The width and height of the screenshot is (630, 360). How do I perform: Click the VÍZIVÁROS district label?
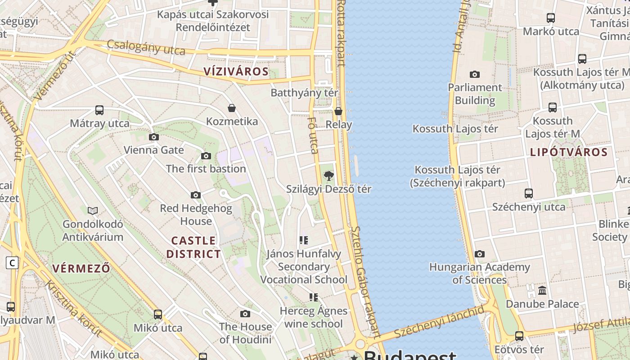point(236,71)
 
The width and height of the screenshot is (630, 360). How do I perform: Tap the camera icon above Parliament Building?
point(474,74)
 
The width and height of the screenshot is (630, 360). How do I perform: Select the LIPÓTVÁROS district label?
point(569,152)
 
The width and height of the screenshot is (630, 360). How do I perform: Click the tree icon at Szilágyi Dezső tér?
point(329,176)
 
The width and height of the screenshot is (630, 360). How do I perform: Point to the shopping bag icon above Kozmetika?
point(232,108)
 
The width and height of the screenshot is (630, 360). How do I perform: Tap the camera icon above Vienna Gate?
point(154,137)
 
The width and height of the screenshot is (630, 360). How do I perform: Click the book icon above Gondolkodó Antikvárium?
point(93,211)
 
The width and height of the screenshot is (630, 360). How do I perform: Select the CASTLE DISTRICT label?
point(193,247)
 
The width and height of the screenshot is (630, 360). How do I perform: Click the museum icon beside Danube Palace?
point(542,291)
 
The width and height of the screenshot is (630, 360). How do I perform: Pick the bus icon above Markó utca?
point(551,18)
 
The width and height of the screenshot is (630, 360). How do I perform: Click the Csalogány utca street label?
point(146,47)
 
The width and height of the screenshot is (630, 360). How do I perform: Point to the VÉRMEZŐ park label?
point(81,269)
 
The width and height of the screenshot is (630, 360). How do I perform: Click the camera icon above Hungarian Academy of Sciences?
point(480,254)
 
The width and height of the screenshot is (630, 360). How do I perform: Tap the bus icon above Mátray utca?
point(99,110)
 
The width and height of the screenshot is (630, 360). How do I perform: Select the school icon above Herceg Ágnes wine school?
point(313,297)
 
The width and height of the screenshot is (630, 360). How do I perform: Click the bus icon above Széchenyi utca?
point(529,193)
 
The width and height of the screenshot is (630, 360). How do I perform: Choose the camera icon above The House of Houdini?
point(245,314)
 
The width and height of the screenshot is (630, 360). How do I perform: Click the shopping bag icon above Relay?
point(338,111)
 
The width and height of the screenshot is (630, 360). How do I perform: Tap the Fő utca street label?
point(313,135)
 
